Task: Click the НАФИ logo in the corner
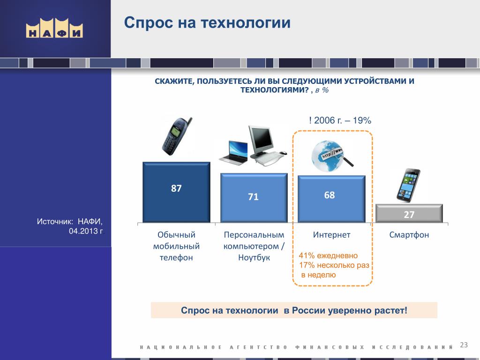tap(54, 28)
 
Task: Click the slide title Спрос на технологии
tap(207, 22)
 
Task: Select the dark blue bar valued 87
tap(176, 192)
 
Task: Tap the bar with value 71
tap(254, 198)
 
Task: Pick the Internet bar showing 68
tap(331, 199)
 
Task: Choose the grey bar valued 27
tap(409, 213)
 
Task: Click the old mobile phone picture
tap(177, 136)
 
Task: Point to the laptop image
tap(233, 153)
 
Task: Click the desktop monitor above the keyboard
tap(261, 140)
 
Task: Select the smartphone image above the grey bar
tap(408, 186)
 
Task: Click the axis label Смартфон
tap(409, 235)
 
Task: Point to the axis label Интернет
tap(331, 235)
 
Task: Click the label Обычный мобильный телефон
tap(176, 246)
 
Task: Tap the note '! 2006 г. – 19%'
tap(340, 120)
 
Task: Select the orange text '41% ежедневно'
tap(328, 255)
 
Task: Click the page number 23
tap(464, 345)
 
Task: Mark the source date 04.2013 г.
tap(86, 231)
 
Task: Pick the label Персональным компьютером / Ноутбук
tap(254, 246)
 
